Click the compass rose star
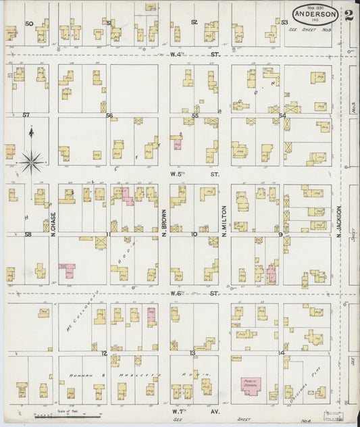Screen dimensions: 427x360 pyautogui.click(x=31, y=161)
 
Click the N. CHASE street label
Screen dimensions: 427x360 pyautogui.click(x=53, y=224)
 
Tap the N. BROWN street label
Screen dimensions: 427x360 pyautogui.click(x=164, y=224)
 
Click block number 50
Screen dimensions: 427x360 pyautogui.click(x=29, y=23)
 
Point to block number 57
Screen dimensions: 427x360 pyautogui.click(x=26, y=115)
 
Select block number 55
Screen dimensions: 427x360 pyautogui.click(x=195, y=116)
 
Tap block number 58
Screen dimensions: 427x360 pyautogui.click(x=28, y=234)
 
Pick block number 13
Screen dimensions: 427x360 pyautogui.click(x=192, y=353)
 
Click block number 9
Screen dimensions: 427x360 pyautogui.click(x=280, y=234)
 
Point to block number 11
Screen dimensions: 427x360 pyautogui.click(x=108, y=234)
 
